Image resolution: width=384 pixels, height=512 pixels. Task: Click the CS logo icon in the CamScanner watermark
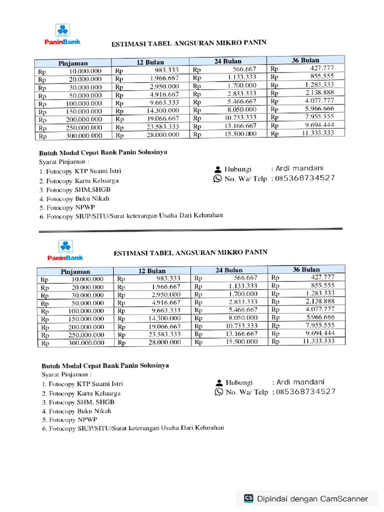click(248, 498)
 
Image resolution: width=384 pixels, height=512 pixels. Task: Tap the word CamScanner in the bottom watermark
click(344, 498)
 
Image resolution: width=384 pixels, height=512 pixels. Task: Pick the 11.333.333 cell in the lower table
click(318, 341)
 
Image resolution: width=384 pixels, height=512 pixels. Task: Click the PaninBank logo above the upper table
click(64, 34)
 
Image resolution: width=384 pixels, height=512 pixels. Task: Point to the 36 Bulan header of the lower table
click(306, 269)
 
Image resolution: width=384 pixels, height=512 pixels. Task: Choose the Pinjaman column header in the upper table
click(73, 63)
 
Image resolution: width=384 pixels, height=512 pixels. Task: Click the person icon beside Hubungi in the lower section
click(218, 382)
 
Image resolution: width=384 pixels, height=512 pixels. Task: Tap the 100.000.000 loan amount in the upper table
click(82, 103)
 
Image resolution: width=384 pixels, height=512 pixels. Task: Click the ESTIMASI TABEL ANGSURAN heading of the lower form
click(190, 252)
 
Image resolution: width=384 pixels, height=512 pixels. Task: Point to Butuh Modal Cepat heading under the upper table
click(103, 152)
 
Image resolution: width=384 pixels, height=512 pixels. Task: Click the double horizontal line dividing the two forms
click(190, 230)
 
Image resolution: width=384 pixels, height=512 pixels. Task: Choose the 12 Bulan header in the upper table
click(151, 62)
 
